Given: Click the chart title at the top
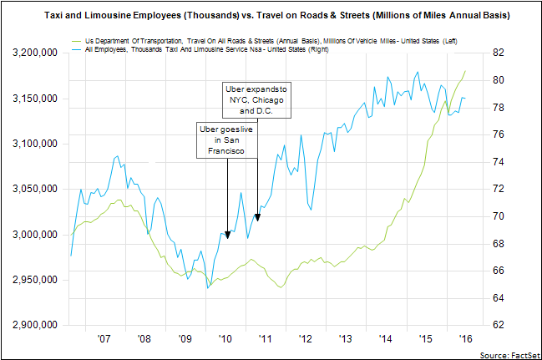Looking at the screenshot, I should click(x=271, y=16).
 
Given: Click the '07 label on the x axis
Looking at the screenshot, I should click(x=104, y=340).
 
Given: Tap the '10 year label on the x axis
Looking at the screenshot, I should click(x=225, y=340).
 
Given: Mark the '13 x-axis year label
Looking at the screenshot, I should click(x=345, y=340).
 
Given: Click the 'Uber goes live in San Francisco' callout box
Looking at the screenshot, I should click(x=225, y=140).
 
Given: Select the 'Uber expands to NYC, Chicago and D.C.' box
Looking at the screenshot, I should click(x=257, y=99).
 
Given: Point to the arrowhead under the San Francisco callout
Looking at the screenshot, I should click(x=228, y=236).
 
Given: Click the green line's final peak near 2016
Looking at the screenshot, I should click(x=465, y=71).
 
